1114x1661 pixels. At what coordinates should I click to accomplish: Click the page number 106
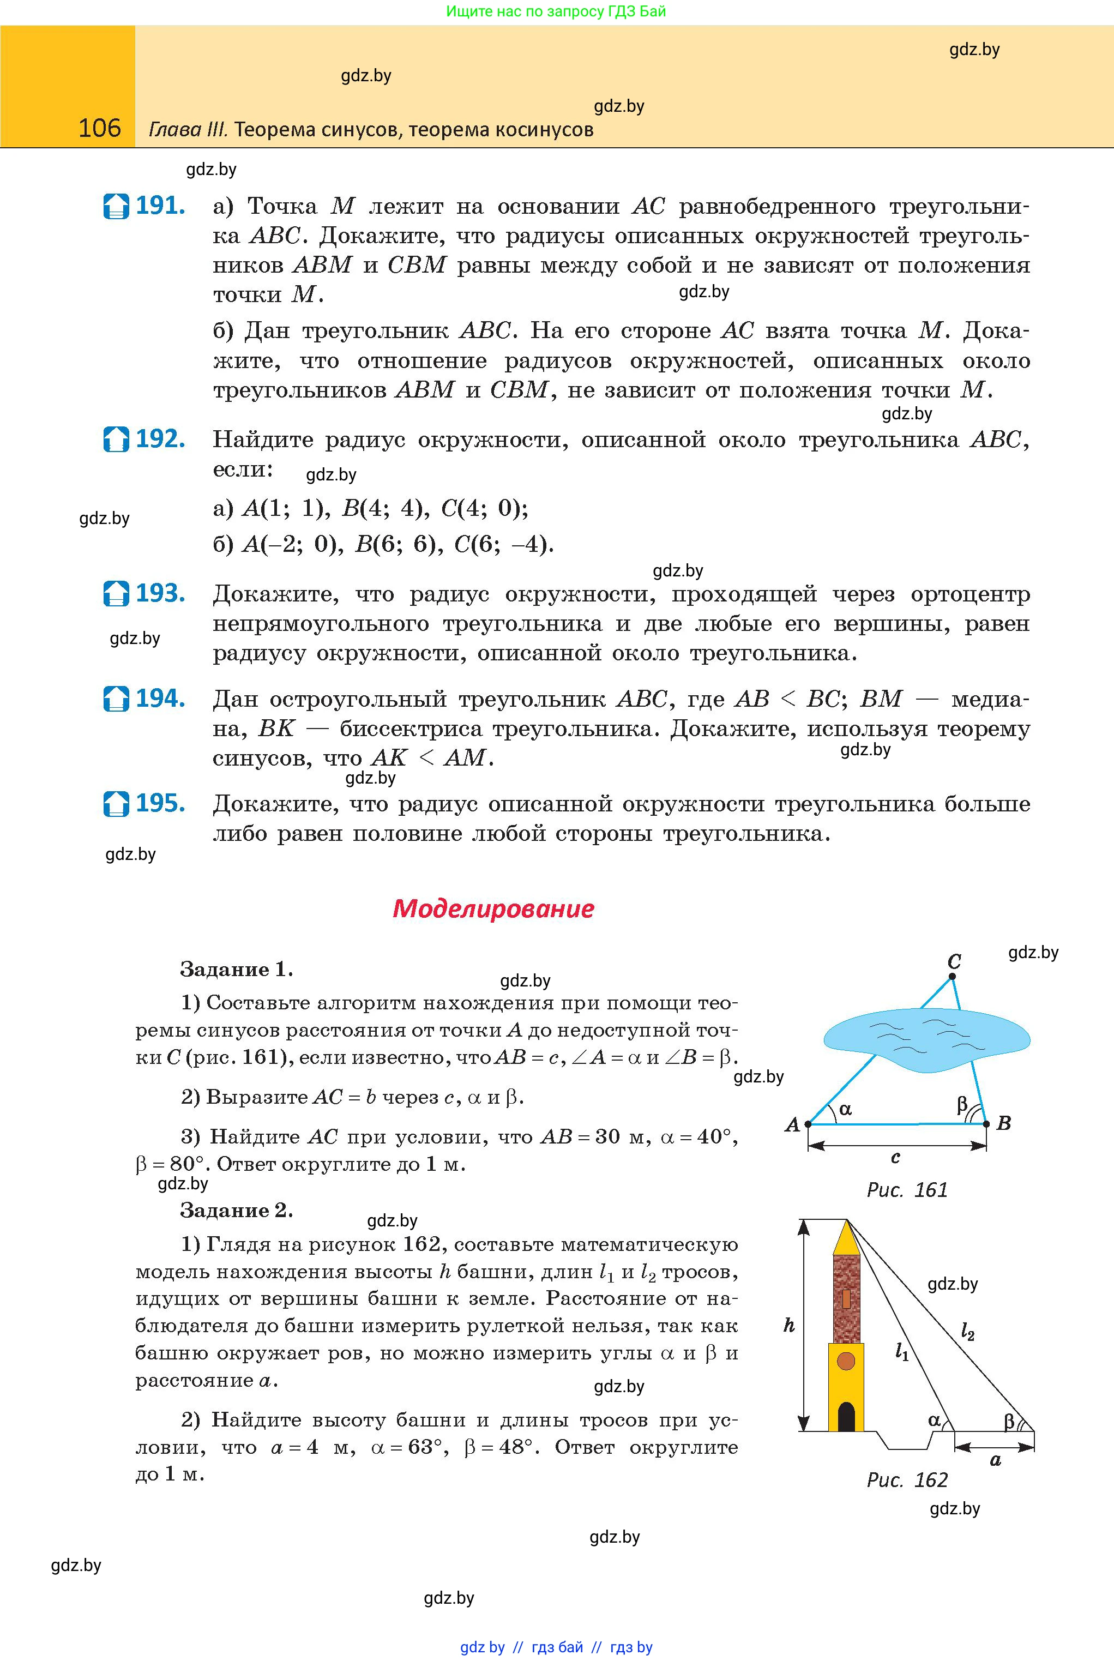click(x=99, y=128)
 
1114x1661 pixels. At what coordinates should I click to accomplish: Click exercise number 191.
click(x=160, y=206)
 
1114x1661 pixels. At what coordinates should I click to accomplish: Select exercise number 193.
click(x=160, y=593)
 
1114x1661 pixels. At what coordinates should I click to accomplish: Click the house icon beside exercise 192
click(x=117, y=439)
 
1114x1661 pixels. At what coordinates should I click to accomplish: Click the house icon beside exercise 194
click(x=117, y=699)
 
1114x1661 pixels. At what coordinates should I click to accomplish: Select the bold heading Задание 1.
click(x=236, y=969)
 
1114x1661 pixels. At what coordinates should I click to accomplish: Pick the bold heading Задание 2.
click(x=236, y=1210)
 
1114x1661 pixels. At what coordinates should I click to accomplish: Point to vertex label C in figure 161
click(x=954, y=961)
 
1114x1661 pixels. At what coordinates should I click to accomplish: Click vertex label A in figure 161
click(x=792, y=1124)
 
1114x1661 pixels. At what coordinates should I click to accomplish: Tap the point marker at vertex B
click(x=986, y=1124)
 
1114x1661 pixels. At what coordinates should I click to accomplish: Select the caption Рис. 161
click(x=907, y=1190)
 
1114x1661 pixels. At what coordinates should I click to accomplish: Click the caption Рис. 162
click(x=907, y=1480)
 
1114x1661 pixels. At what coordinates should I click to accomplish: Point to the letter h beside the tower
click(x=788, y=1325)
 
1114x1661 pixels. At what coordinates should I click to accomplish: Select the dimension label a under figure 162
click(x=995, y=1460)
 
